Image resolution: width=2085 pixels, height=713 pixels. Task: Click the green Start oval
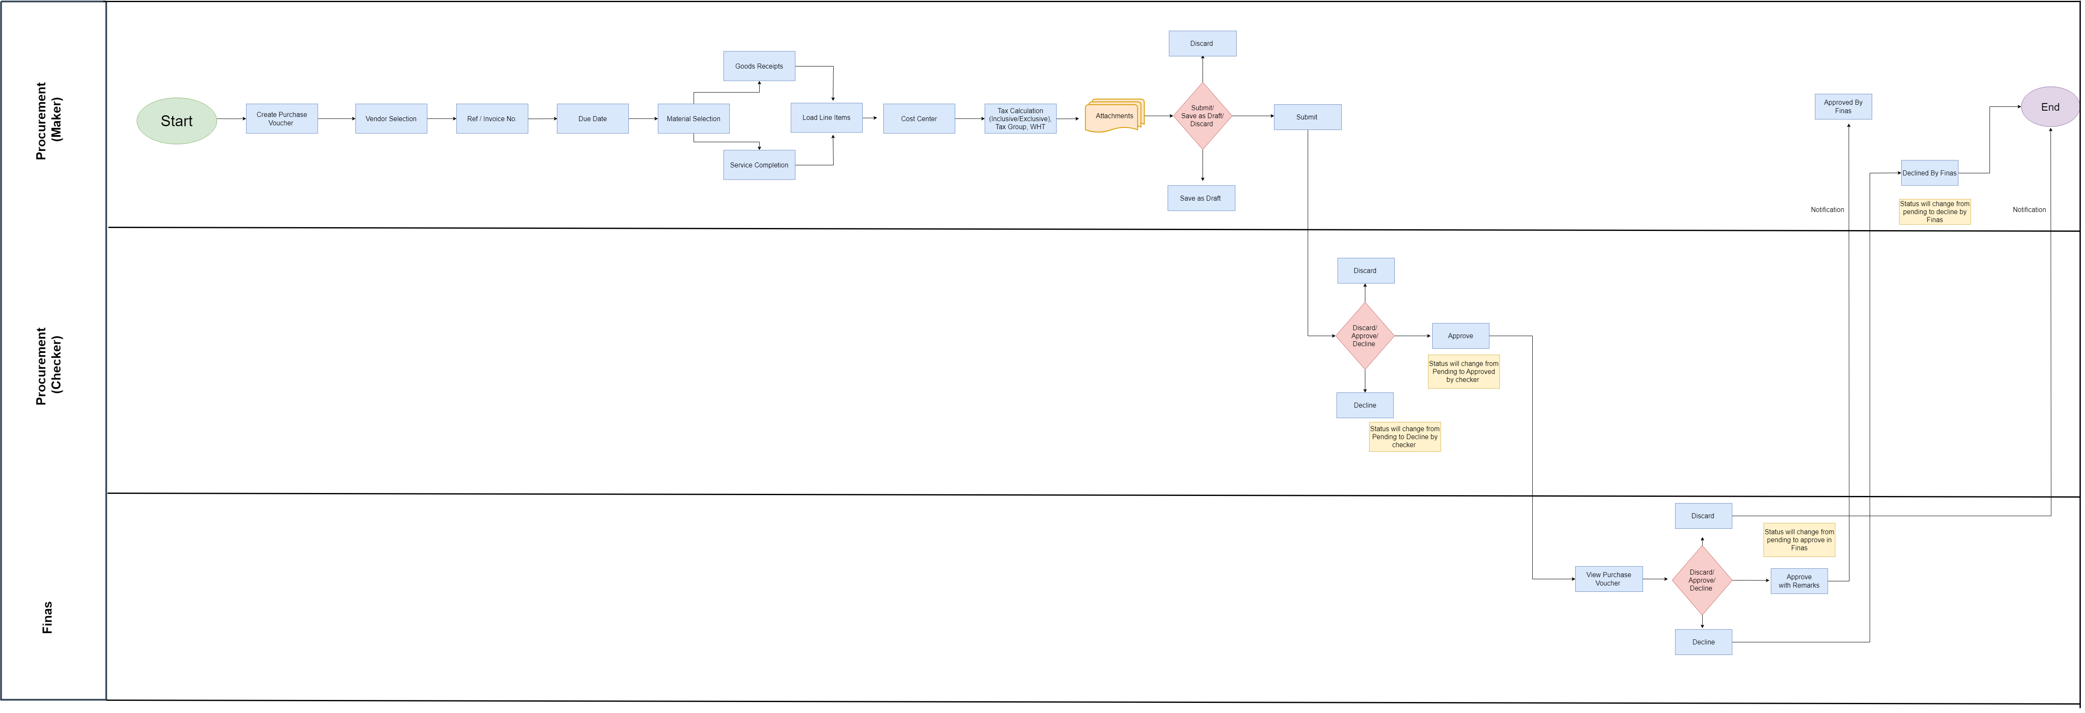pyautogui.click(x=176, y=121)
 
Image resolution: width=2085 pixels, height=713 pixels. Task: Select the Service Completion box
pyautogui.click(x=759, y=165)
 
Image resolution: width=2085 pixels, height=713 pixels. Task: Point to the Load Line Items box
pyautogui.click(x=827, y=117)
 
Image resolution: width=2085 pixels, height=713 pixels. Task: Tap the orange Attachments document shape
pyautogui.click(x=1115, y=116)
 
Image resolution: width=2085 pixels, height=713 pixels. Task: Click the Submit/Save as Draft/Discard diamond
pyautogui.click(x=1203, y=116)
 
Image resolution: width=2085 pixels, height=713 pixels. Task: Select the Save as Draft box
pyautogui.click(x=1201, y=198)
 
